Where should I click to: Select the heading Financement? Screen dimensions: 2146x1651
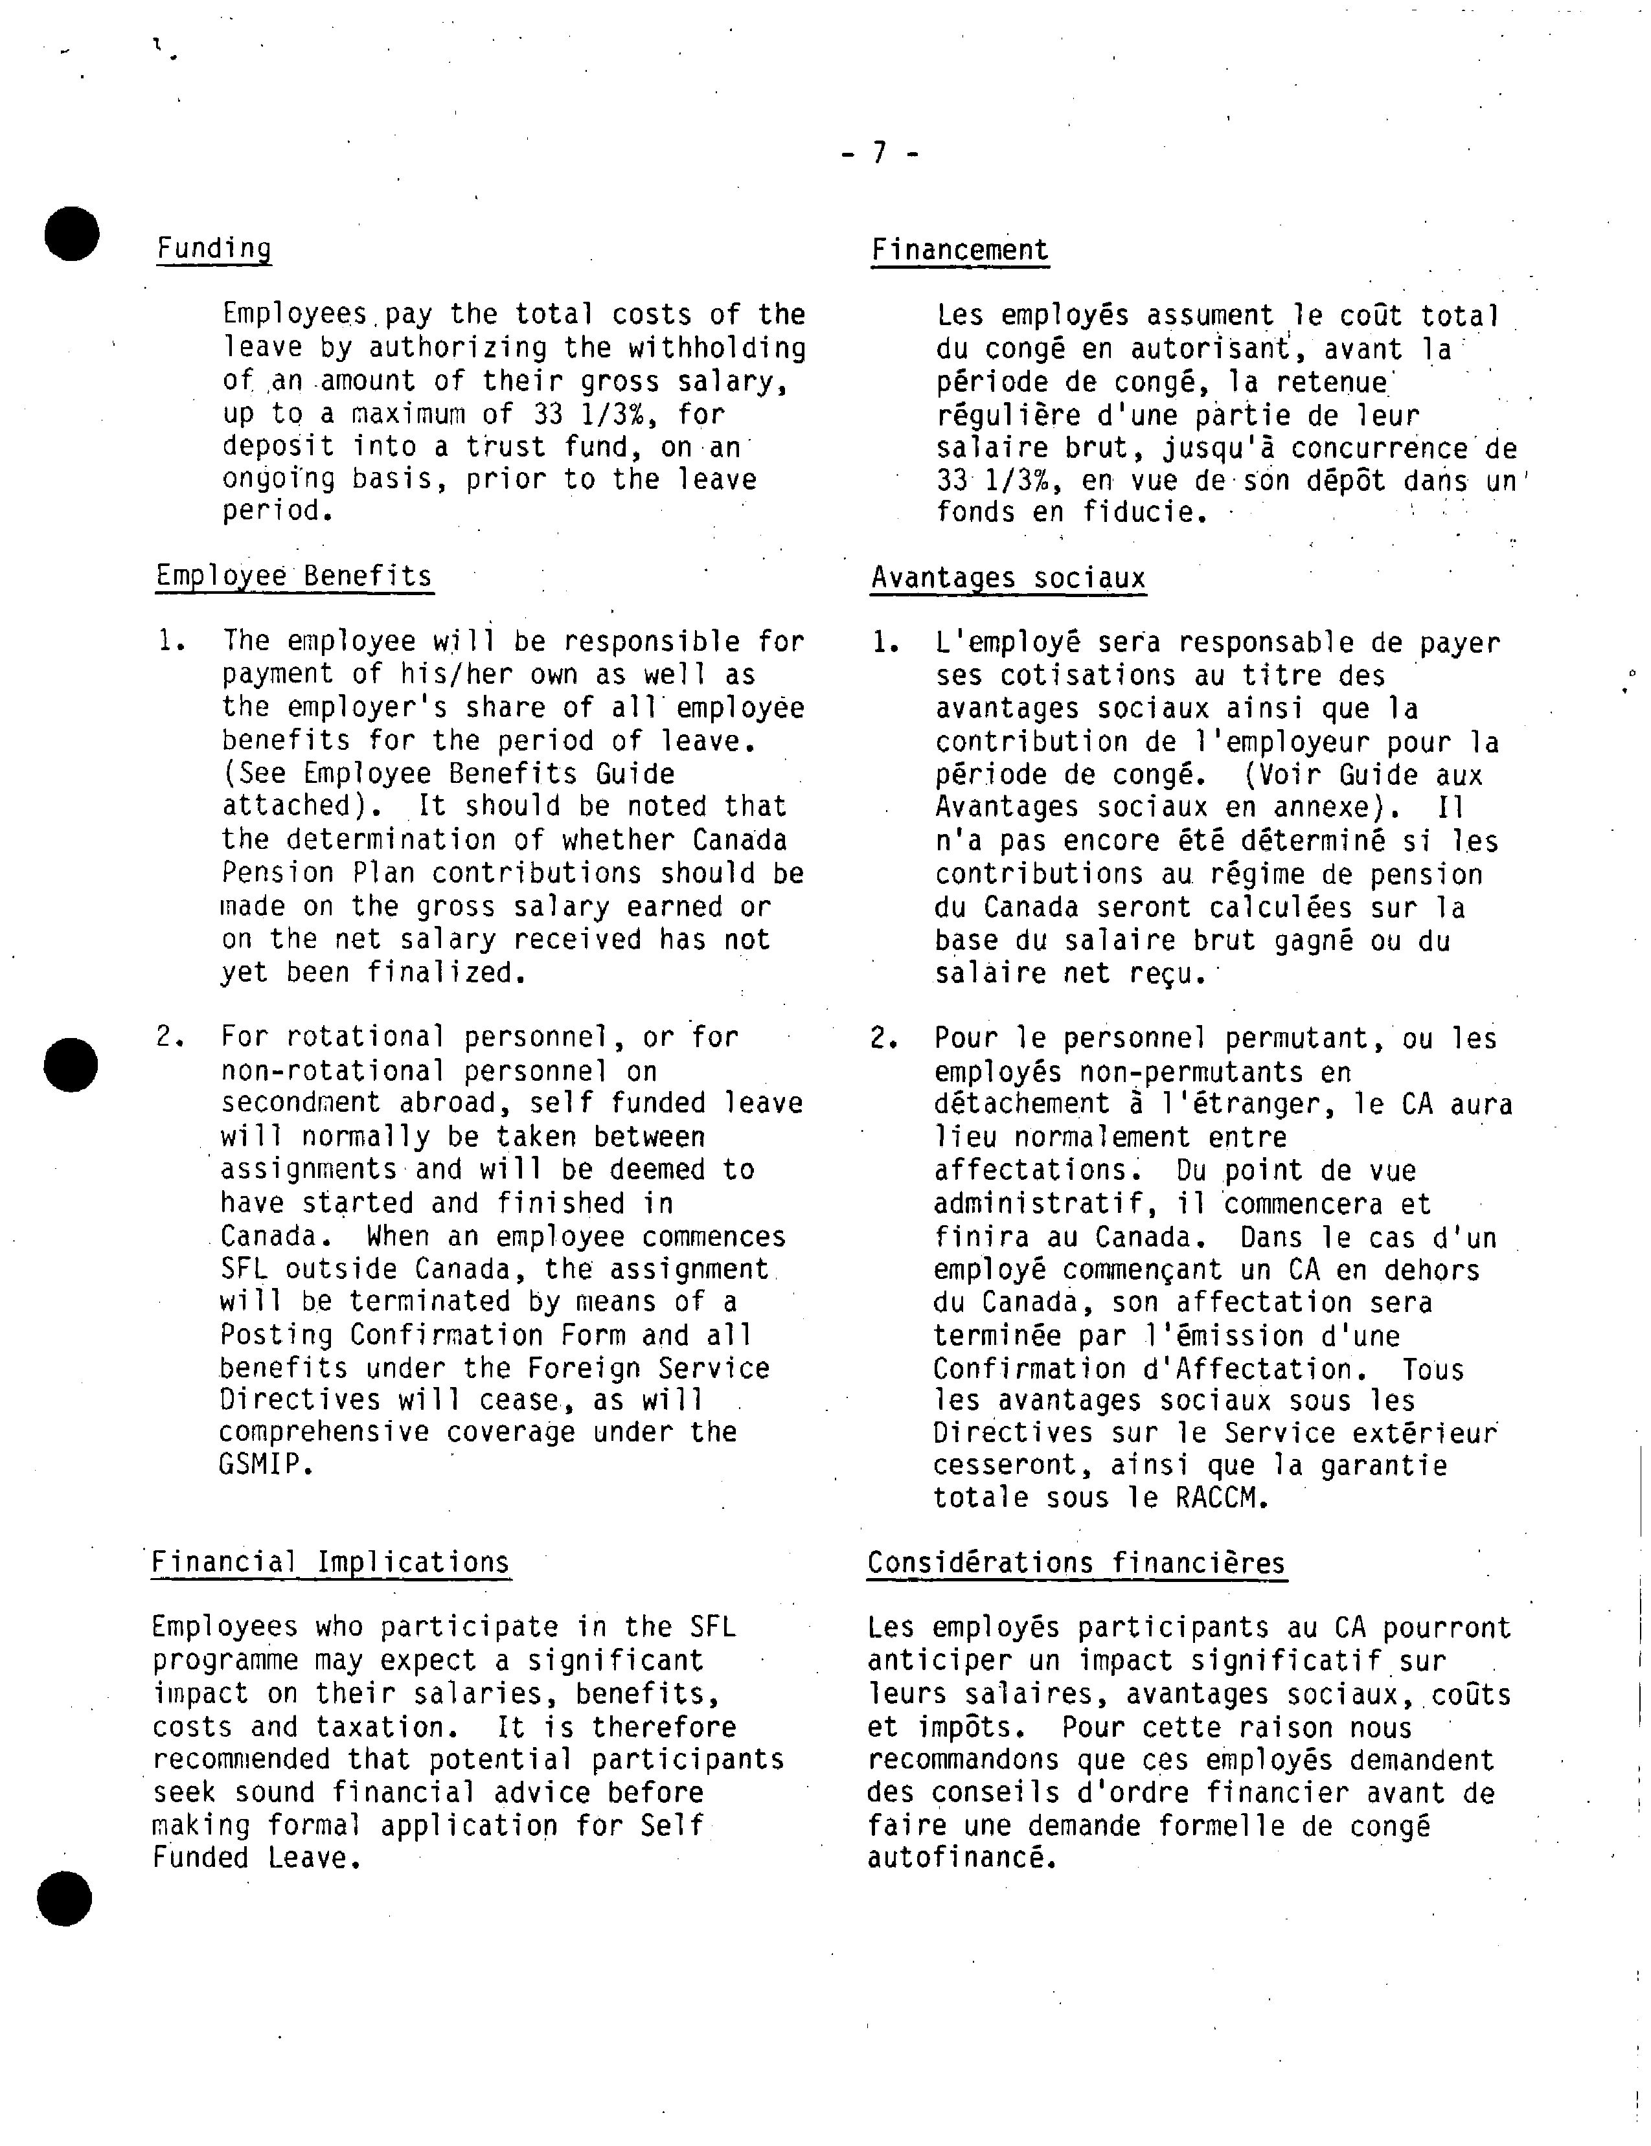pos(959,251)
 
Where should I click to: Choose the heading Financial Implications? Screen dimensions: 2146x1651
pos(330,1563)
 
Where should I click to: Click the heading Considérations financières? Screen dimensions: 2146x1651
pos(1076,1563)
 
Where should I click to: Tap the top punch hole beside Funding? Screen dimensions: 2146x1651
pos(72,234)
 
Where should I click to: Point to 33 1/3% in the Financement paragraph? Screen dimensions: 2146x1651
pos(997,482)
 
